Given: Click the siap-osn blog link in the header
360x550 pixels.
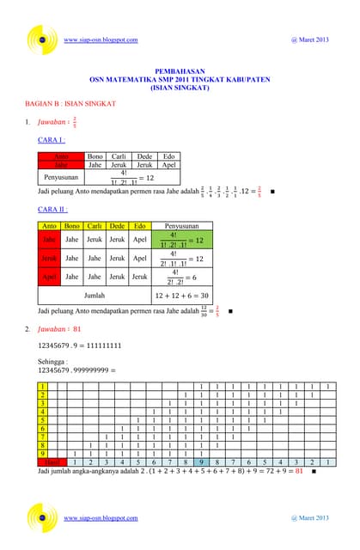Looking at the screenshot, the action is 101,40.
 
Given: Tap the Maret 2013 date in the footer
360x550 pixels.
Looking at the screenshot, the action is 309,518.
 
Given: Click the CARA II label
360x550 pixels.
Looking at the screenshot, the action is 54,209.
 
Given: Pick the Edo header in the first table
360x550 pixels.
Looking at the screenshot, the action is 169,157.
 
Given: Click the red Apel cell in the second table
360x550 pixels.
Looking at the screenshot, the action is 50,277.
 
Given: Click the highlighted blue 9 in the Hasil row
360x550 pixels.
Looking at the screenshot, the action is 198,462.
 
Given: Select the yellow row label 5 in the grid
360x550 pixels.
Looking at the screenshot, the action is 42,420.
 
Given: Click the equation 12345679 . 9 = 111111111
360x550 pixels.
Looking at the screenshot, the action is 79,345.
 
